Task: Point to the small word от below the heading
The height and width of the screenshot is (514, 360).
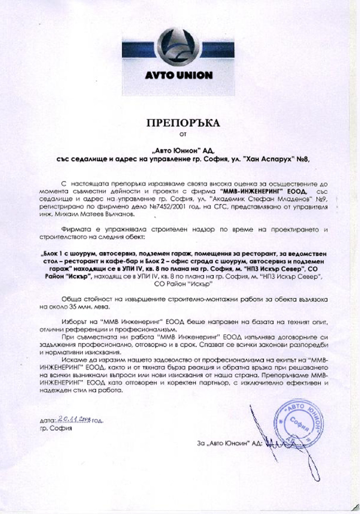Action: click(x=183, y=138)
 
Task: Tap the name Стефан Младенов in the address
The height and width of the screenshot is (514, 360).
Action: click(x=261, y=200)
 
